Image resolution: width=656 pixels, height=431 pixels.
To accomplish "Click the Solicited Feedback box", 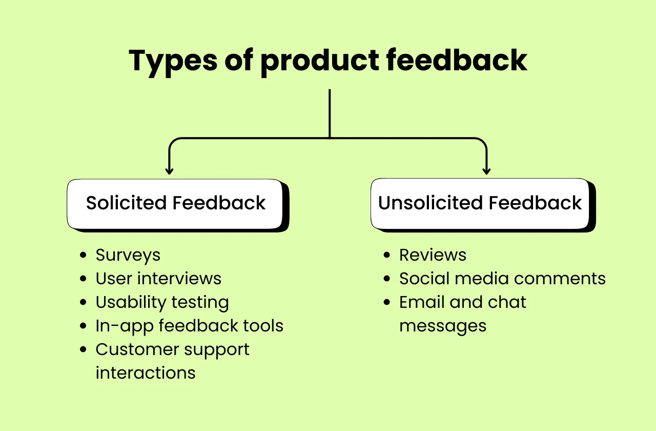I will (x=175, y=204).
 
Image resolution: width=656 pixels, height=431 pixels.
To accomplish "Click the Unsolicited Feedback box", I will (x=480, y=204).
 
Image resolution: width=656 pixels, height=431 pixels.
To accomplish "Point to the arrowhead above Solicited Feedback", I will (x=170, y=170).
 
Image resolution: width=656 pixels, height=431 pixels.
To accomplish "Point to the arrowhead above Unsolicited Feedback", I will (x=486, y=170).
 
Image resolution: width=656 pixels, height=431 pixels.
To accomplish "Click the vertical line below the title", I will (x=330, y=113).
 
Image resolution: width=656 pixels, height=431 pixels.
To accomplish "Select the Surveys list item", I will (x=128, y=255).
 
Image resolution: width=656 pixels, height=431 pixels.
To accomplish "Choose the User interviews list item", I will (x=158, y=279).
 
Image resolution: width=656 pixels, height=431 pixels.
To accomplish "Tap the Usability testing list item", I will (x=162, y=302).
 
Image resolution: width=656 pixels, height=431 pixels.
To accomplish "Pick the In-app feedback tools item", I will (x=189, y=326).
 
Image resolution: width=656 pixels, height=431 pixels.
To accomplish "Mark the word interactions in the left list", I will (x=146, y=373).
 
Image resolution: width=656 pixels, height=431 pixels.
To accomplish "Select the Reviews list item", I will (x=433, y=255).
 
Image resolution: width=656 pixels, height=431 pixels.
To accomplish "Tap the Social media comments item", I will (x=502, y=279).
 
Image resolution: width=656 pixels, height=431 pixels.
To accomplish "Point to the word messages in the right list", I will (x=443, y=326).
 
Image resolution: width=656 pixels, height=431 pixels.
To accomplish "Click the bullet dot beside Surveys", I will (x=84, y=256).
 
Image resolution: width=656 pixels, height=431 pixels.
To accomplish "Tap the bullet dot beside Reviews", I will (x=387, y=256).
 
